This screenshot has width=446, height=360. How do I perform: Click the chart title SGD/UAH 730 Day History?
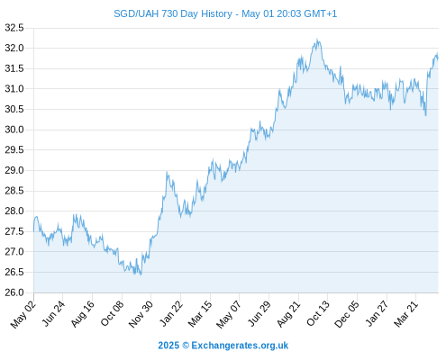coord(173,13)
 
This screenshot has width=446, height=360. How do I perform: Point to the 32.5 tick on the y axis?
coord(14,28)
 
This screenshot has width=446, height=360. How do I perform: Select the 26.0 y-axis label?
coord(14,292)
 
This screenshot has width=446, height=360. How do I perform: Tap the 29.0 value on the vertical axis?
coord(14,170)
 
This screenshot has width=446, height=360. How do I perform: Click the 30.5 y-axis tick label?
coord(14,109)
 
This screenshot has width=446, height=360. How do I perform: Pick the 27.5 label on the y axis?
coord(14,231)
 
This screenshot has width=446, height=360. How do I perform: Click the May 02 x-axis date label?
coord(23,314)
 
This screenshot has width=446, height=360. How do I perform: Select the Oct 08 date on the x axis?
coord(113,313)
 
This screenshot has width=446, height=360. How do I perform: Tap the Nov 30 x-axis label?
coord(141,314)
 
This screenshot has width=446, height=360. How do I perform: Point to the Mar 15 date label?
coord(200,314)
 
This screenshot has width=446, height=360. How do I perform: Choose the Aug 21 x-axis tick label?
coord(288,314)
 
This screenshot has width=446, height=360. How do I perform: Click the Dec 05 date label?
coord(347,314)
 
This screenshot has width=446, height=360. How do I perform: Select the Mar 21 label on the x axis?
coord(405,314)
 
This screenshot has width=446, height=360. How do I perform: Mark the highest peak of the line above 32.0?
coord(317,39)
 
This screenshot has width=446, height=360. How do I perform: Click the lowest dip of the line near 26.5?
coord(141,274)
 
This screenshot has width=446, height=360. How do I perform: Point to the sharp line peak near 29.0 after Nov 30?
coord(167,172)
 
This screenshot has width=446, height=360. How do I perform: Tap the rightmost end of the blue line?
coord(438,58)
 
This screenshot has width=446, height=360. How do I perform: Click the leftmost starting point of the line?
coord(33,231)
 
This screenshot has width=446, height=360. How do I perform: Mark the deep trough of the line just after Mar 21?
coord(426,115)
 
